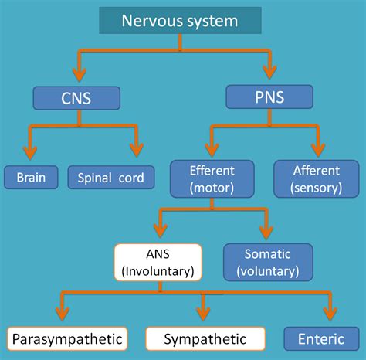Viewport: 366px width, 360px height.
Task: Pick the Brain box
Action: tap(31, 178)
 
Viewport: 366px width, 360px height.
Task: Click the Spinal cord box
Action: tap(110, 178)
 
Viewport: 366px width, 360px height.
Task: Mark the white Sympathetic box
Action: tap(205, 338)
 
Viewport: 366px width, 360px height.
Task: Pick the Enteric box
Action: tap(321, 338)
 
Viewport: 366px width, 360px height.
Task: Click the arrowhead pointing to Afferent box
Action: tap(317, 149)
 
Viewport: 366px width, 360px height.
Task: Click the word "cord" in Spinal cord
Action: tap(130, 178)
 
